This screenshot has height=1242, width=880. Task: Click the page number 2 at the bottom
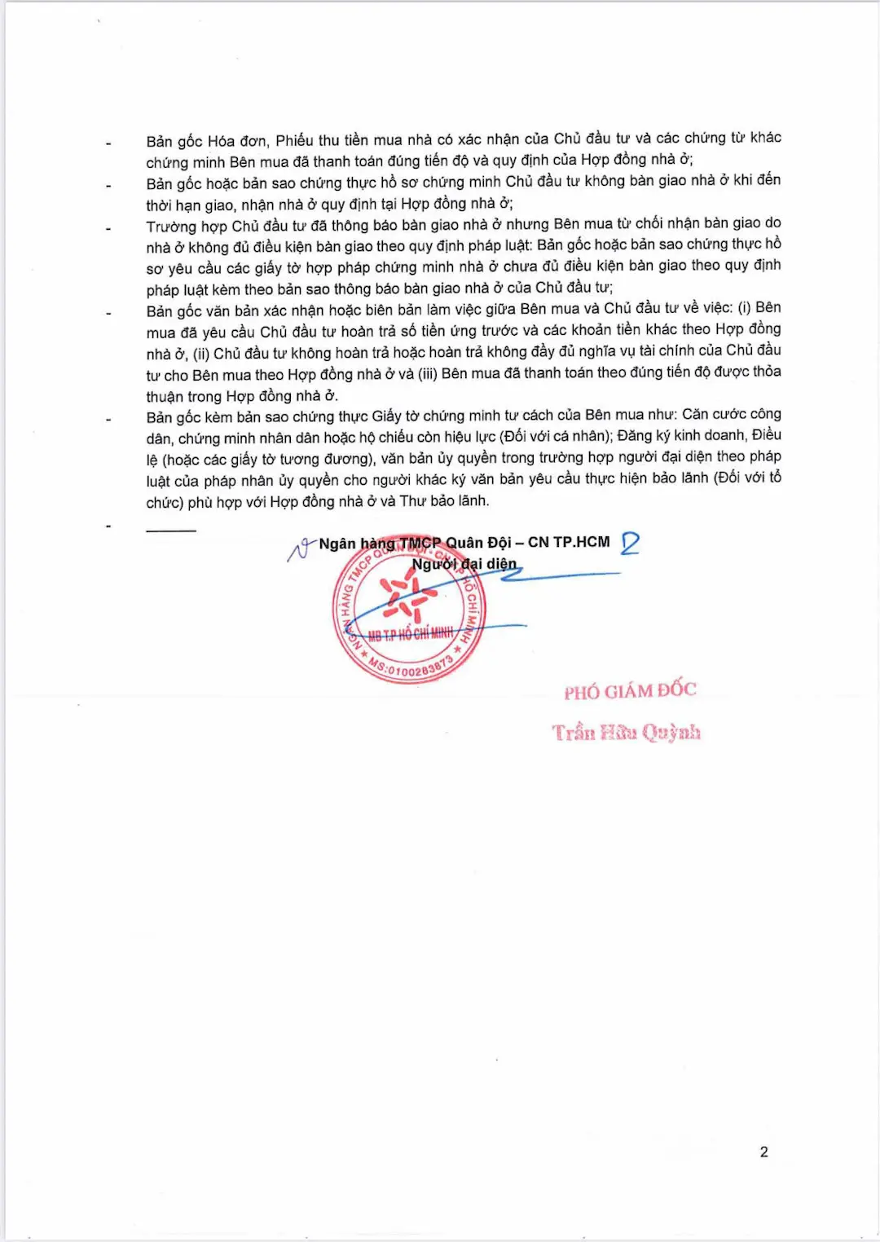[763, 1152]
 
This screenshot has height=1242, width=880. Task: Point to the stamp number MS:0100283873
[411, 667]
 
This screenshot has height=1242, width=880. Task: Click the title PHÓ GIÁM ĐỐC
[630, 691]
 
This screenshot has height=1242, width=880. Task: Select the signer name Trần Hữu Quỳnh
[626, 732]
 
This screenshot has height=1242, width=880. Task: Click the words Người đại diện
[464, 564]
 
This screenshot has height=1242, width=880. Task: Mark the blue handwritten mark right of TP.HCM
[630, 544]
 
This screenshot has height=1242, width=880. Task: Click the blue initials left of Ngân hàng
[301, 550]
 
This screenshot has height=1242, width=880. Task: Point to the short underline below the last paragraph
[171, 531]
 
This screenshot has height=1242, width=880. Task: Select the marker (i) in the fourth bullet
[744, 307]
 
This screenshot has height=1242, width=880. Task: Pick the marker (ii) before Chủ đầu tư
[201, 354]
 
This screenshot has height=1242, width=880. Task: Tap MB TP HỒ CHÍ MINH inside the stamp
[410, 634]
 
